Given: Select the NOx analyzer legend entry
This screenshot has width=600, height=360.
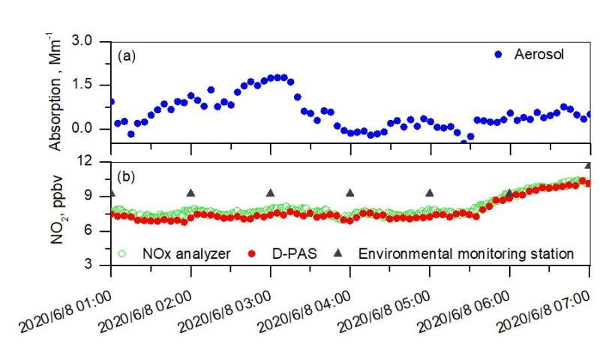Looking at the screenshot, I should (166, 253).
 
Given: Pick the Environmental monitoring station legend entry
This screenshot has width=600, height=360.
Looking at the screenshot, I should (466, 253).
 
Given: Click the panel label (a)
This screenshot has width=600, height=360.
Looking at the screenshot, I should (125, 55).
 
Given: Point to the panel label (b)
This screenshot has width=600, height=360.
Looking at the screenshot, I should (125, 178).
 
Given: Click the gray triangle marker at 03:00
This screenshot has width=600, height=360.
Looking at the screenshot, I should (271, 193).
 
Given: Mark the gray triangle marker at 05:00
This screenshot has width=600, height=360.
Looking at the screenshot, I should (430, 193).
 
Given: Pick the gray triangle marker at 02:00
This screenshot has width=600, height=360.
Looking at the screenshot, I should (190, 193).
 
